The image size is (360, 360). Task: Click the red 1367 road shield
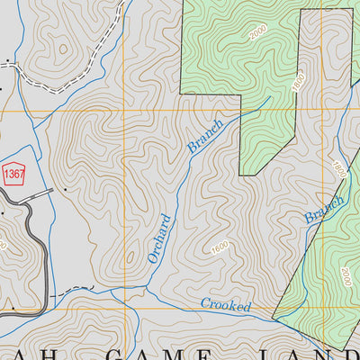tap(13, 172)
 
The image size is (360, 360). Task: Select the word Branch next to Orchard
tap(202, 132)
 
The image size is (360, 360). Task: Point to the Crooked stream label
tap(225, 305)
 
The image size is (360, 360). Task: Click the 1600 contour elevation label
tap(220, 247)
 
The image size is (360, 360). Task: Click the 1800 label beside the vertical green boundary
tap(299, 83)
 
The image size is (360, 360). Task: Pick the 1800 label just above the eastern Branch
tap(337, 168)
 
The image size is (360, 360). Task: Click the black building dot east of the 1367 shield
tap(66, 191)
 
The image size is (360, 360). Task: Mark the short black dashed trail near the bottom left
tap(72, 292)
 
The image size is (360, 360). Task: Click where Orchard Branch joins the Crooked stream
tap(146, 289)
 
